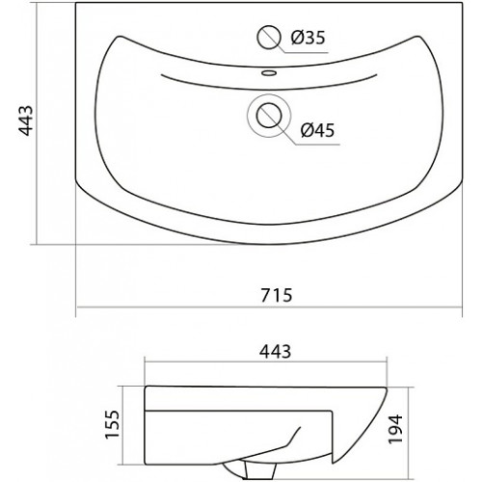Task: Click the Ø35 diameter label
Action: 308,38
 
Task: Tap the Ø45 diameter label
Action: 317,130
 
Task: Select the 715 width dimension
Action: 277,295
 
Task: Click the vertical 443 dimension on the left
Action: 26,120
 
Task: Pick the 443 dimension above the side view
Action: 276,351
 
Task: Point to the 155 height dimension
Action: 113,424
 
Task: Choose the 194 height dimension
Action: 395,430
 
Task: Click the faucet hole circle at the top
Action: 269,38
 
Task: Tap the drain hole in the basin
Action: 269,116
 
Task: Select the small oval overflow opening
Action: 269,73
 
